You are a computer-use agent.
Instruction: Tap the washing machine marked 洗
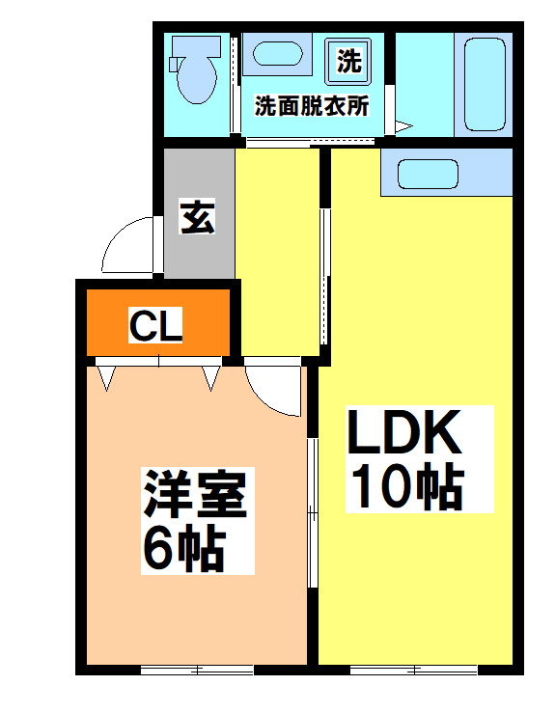click(x=348, y=61)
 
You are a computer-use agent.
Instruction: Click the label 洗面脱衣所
click(x=311, y=107)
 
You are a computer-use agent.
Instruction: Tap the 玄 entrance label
click(x=198, y=217)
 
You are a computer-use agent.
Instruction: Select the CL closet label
click(x=157, y=327)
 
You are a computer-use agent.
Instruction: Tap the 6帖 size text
click(x=183, y=548)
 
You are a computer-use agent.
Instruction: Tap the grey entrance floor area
click(x=198, y=251)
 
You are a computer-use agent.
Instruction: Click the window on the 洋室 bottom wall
click(x=197, y=669)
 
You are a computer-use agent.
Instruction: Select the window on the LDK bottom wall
click(x=413, y=669)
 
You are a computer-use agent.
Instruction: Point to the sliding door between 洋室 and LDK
click(x=312, y=511)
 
